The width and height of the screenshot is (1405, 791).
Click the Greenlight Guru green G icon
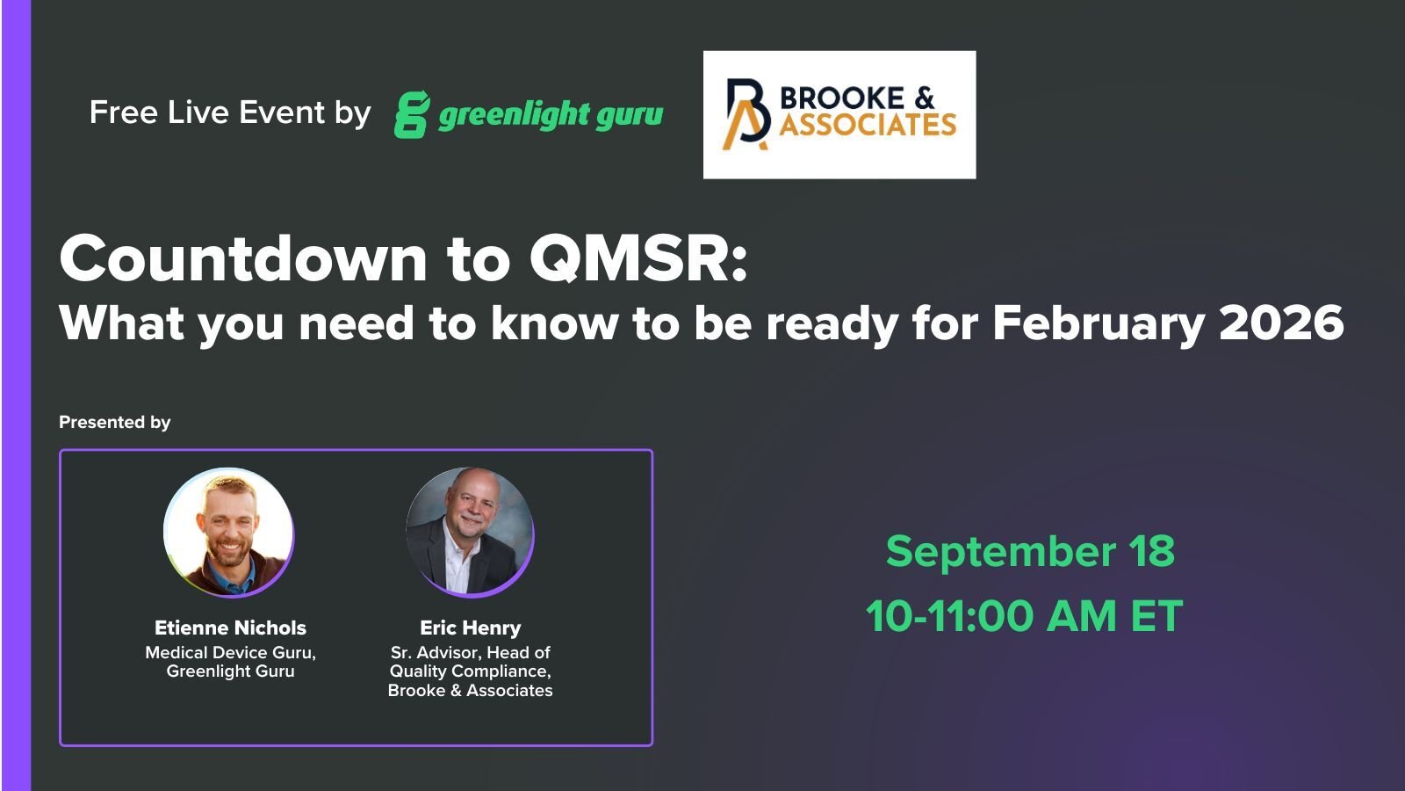[411, 114]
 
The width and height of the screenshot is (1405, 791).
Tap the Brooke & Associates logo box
[839, 114]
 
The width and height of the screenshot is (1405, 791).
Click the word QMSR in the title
[638, 258]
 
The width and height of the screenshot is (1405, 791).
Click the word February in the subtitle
[1098, 323]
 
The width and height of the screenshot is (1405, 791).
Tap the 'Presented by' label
[115, 423]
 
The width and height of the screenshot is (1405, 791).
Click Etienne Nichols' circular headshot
[228, 533]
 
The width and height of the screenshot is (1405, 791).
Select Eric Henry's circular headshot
[470, 532]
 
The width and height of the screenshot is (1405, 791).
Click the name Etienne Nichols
[230, 628]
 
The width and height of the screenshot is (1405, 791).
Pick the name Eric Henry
[470, 628]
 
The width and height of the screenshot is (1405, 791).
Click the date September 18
[1029, 552]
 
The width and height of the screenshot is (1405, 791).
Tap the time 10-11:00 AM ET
[1024, 616]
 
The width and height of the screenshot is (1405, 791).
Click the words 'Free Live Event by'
[230, 112]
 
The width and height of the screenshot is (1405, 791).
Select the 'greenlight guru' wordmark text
[551, 115]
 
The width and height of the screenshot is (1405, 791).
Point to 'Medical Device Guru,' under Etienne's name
[230, 652]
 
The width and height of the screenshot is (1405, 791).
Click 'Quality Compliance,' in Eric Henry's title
[470, 671]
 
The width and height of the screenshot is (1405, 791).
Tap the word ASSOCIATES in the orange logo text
[868, 125]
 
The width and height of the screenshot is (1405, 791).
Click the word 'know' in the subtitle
[554, 323]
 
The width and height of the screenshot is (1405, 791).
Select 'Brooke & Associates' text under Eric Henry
[470, 691]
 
